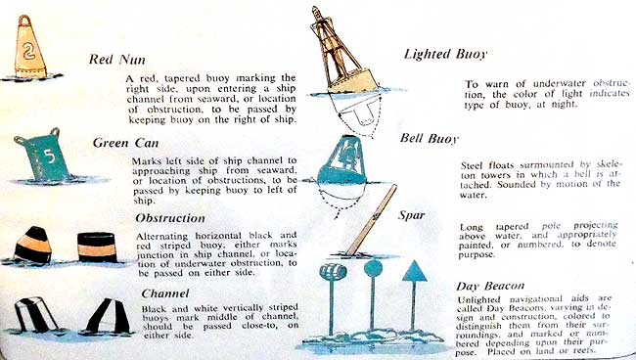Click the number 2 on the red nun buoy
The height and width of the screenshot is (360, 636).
click(x=28, y=50)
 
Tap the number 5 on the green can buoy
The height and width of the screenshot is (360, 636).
click(x=49, y=157)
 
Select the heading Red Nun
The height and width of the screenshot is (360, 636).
click(x=116, y=60)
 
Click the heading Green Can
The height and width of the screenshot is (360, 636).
click(x=125, y=143)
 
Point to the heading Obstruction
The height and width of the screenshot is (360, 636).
click(x=170, y=218)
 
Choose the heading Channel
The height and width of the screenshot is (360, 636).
click(x=165, y=293)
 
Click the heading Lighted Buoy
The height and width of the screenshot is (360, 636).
click(x=445, y=55)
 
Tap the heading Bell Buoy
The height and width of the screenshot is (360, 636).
click(x=430, y=139)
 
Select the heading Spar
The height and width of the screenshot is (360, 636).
click(x=411, y=215)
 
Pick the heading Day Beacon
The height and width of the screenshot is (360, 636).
click(x=490, y=286)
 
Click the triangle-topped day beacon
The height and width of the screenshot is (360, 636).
click(x=414, y=295)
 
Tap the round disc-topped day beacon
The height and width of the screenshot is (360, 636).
click(x=373, y=295)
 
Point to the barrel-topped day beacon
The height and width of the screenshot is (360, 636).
click(x=333, y=296)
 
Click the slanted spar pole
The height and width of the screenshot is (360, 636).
click(x=372, y=220)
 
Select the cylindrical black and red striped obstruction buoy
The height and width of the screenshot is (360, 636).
click(x=97, y=247)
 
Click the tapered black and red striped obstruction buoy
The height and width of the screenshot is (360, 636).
click(x=33, y=246)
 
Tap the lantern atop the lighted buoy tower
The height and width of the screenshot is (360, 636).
click(x=316, y=13)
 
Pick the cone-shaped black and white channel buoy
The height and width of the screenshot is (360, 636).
click(x=109, y=316)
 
